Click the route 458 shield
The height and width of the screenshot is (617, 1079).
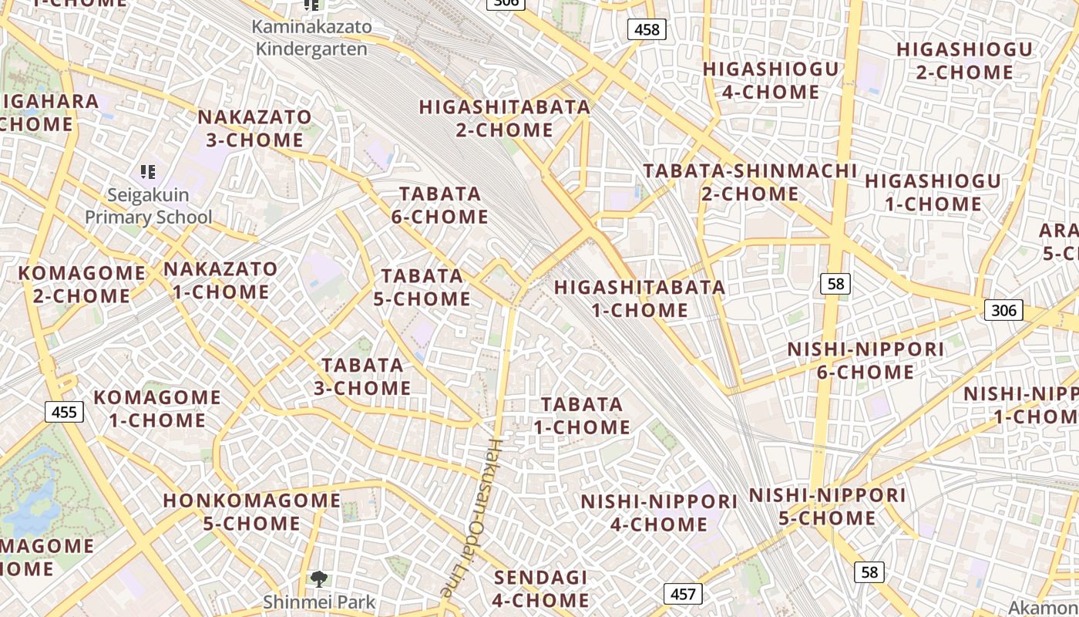tap(647, 29)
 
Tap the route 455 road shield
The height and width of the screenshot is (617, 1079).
tap(64, 412)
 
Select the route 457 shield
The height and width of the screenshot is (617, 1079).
tap(683, 594)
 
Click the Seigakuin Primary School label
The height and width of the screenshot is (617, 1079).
tap(148, 206)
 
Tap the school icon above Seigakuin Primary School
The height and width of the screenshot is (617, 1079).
tap(148, 171)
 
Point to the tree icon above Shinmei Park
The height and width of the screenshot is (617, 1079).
tap(319, 578)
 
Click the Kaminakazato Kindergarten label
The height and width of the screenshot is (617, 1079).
tap(312, 38)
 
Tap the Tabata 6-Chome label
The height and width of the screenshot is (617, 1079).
tap(439, 205)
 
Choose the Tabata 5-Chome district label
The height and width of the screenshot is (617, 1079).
tap(422, 287)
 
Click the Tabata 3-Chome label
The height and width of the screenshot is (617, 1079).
tap(362, 376)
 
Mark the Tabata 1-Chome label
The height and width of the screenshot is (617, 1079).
tap(582, 416)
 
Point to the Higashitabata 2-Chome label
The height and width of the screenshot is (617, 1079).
tap(505, 118)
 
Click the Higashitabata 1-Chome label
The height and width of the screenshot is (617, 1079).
tap(640, 298)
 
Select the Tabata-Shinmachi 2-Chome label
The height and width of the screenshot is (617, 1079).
tap(750, 181)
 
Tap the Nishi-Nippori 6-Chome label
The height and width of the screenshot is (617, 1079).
tap(865, 361)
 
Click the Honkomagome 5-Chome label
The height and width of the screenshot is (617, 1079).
tap(252, 511)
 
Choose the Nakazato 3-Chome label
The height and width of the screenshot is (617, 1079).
tap(255, 129)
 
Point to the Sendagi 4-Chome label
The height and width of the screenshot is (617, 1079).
tap(540, 588)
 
